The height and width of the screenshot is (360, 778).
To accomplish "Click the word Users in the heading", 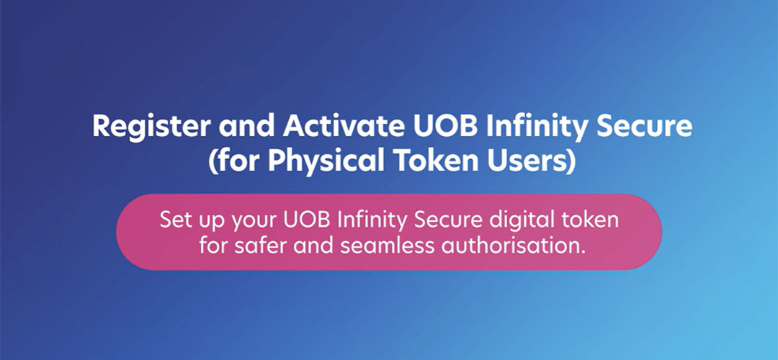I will click(x=531, y=161).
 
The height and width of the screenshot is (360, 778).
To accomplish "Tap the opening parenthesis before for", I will click(x=213, y=163).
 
